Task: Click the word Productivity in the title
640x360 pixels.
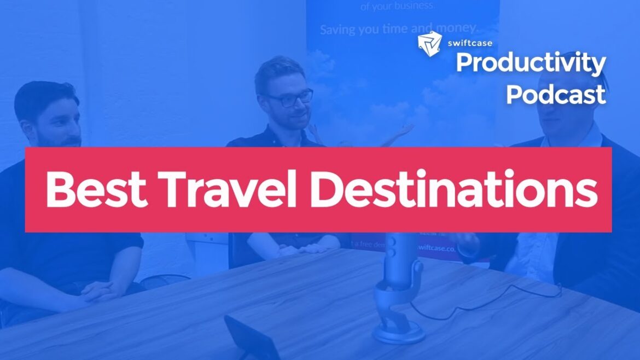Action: [x=530, y=65]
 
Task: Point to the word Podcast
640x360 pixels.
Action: [x=555, y=94]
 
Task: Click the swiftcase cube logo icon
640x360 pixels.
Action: [x=429, y=44]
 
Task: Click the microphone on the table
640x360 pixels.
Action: [x=398, y=257]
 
